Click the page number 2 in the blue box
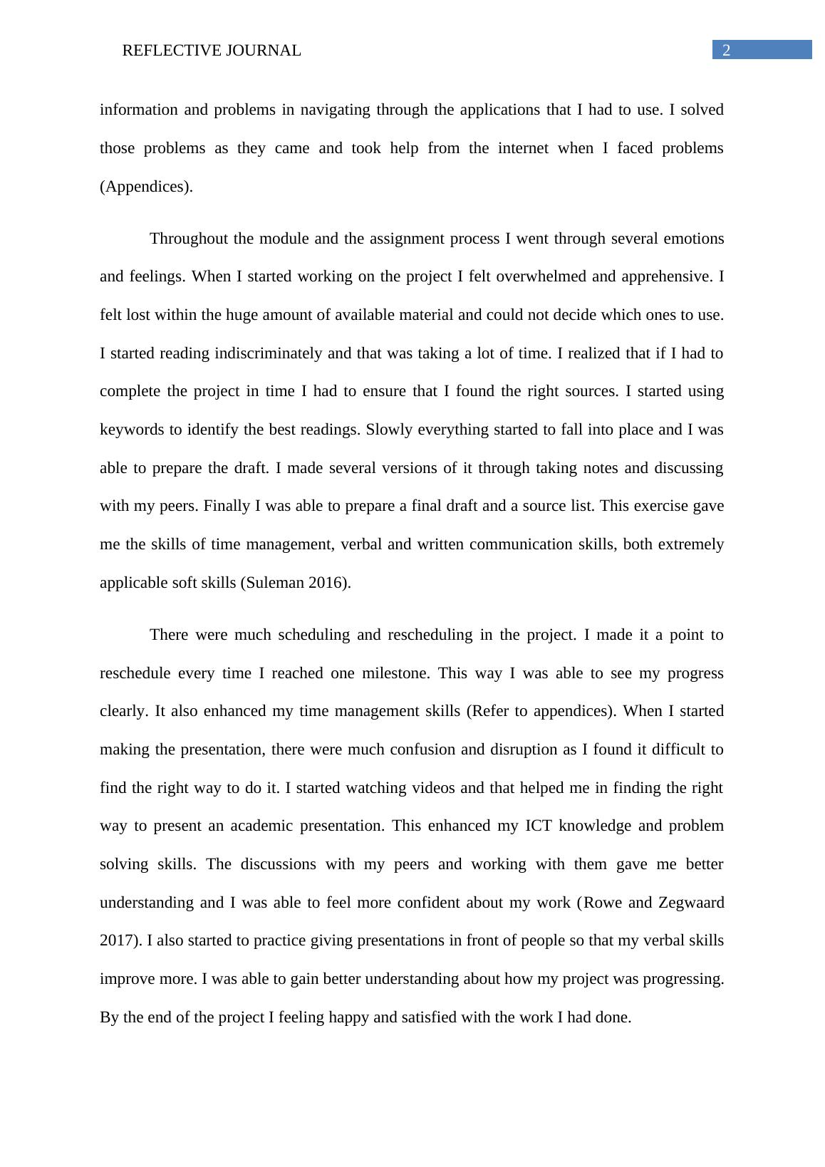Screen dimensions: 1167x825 click(x=726, y=50)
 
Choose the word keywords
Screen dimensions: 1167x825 click(x=131, y=430)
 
